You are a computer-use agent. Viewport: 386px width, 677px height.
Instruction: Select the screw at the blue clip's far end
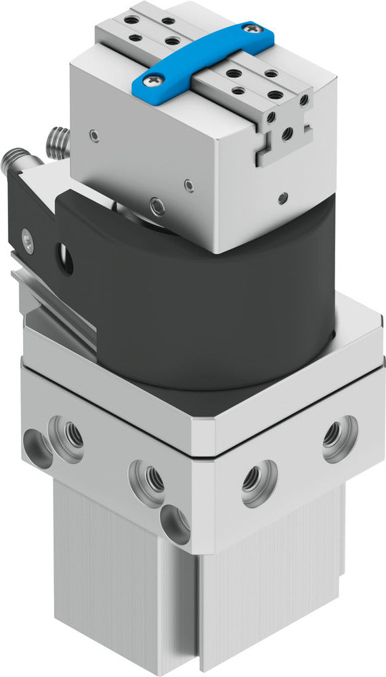pyautogui.click(x=252, y=29)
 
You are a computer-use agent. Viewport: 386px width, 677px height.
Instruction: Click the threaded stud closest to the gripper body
pyautogui.click(x=58, y=142)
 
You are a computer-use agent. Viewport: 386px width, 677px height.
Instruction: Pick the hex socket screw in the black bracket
pyautogui.click(x=27, y=238)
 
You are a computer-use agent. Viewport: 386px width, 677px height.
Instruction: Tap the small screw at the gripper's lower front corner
pyautogui.click(x=158, y=204)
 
